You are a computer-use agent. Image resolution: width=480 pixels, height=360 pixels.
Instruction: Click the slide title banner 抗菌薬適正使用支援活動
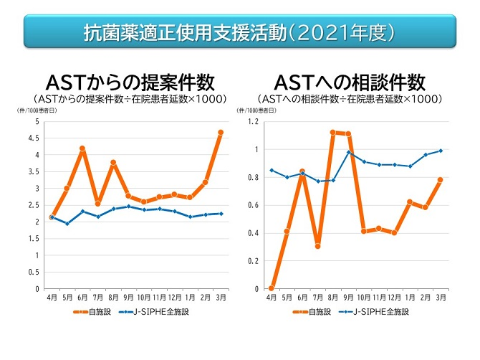[x=239, y=33]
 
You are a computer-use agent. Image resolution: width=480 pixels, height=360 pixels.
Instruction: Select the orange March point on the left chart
[x=221, y=133]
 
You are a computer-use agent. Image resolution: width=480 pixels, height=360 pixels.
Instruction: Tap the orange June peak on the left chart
[x=82, y=148]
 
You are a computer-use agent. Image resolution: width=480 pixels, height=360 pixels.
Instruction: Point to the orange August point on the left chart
[x=113, y=163]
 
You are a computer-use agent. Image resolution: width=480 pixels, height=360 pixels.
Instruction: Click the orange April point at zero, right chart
[x=271, y=288]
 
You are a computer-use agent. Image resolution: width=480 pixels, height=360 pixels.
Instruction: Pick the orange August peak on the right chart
[x=332, y=132]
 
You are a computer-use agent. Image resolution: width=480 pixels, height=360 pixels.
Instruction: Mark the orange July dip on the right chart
[x=317, y=246]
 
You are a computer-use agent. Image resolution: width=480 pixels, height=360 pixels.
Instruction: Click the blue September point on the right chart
[x=348, y=152]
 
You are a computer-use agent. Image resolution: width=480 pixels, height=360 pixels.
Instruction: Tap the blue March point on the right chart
[x=441, y=151]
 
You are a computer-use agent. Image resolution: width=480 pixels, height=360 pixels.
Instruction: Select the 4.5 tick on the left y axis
[x=35, y=138]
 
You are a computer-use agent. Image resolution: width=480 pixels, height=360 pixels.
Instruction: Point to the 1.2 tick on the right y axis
[x=252, y=121]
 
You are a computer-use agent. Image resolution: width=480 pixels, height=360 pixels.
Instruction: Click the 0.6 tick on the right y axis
[x=252, y=205]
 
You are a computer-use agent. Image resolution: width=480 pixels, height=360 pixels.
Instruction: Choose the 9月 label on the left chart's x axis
[x=129, y=297]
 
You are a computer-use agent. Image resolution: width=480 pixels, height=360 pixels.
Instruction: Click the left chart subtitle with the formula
[x=130, y=98]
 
